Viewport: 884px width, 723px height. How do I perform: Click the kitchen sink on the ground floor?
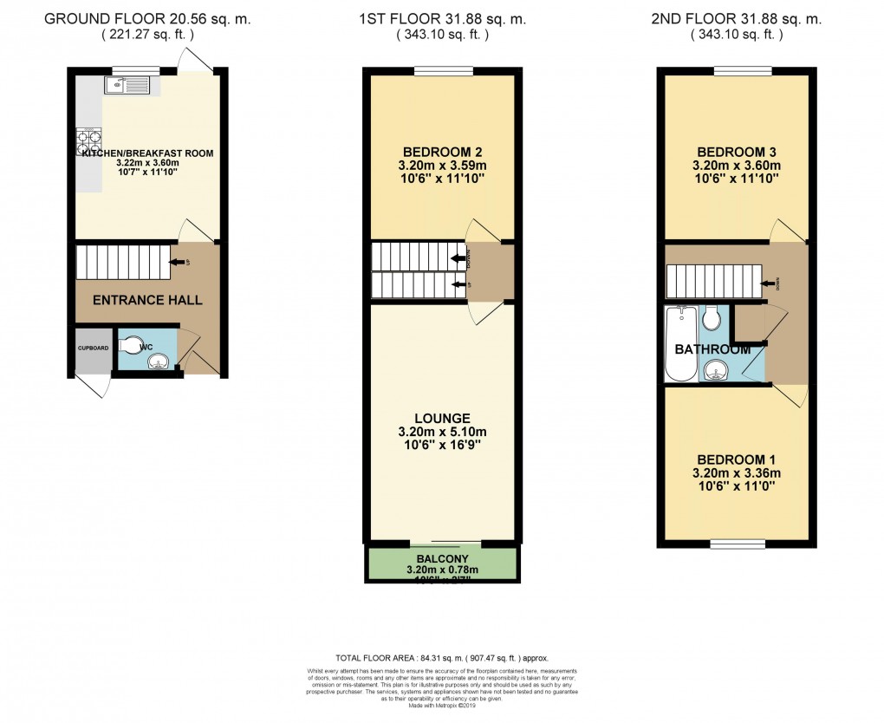pyautogui.click(x=127, y=85)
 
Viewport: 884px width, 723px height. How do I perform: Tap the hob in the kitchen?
pyautogui.click(x=90, y=140)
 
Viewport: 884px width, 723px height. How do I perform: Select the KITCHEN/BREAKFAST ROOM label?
pyautogui.click(x=147, y=153)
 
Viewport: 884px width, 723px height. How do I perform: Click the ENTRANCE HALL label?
pyautogui.click(x=147, y=301)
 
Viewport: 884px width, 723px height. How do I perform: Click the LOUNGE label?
pyautogui.click(x=443, y=417)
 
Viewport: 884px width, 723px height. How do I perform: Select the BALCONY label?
pyautogui.click(x=443, y=558)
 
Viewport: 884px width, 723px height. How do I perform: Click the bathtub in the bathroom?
pyautogui.click(x=679, y=344)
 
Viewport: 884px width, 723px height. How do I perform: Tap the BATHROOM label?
pyautogui.click(x=712, y=349)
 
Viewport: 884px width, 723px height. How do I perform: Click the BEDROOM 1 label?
pyautogui.click(x=737, y=459)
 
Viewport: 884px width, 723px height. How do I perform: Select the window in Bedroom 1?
pyautogui.click(x=736, y=544)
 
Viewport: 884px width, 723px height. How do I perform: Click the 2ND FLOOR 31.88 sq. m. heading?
pyautogui.click(x=737, y=19)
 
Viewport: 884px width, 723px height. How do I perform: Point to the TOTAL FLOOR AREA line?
pyautogui.click(x=442, y=659)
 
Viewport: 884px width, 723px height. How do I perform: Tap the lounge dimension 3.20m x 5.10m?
pyautogui.click(x=443, y=431)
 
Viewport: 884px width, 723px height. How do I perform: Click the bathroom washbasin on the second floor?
pyautogui.click(x=716, y=373)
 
